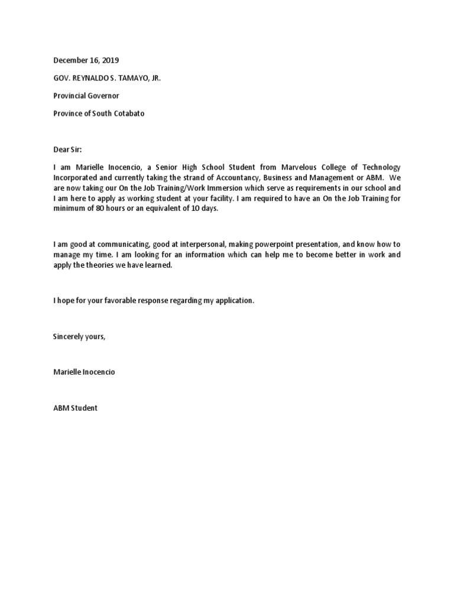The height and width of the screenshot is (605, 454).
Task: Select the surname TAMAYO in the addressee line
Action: pos(134,78)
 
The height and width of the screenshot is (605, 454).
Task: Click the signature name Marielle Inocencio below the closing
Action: pos(84,372)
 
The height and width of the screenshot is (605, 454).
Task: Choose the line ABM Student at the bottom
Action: pos(75,408)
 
